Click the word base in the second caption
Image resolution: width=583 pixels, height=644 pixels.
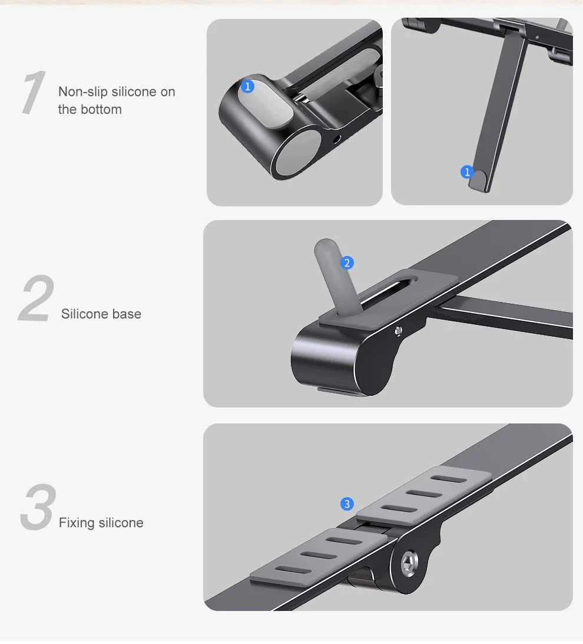tap(127, 314)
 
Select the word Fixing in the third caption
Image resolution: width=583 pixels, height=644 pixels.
tap(77, 523)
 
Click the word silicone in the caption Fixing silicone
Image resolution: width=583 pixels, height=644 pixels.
tap(121, 523)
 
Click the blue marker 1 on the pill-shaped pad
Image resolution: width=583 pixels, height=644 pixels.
tap(247, 87)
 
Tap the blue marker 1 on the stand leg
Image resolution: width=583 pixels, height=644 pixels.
tap(467, 172)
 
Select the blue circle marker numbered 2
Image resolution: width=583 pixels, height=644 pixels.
tap(347, 262)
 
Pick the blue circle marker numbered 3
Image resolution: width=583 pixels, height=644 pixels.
tap(347, 504)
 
